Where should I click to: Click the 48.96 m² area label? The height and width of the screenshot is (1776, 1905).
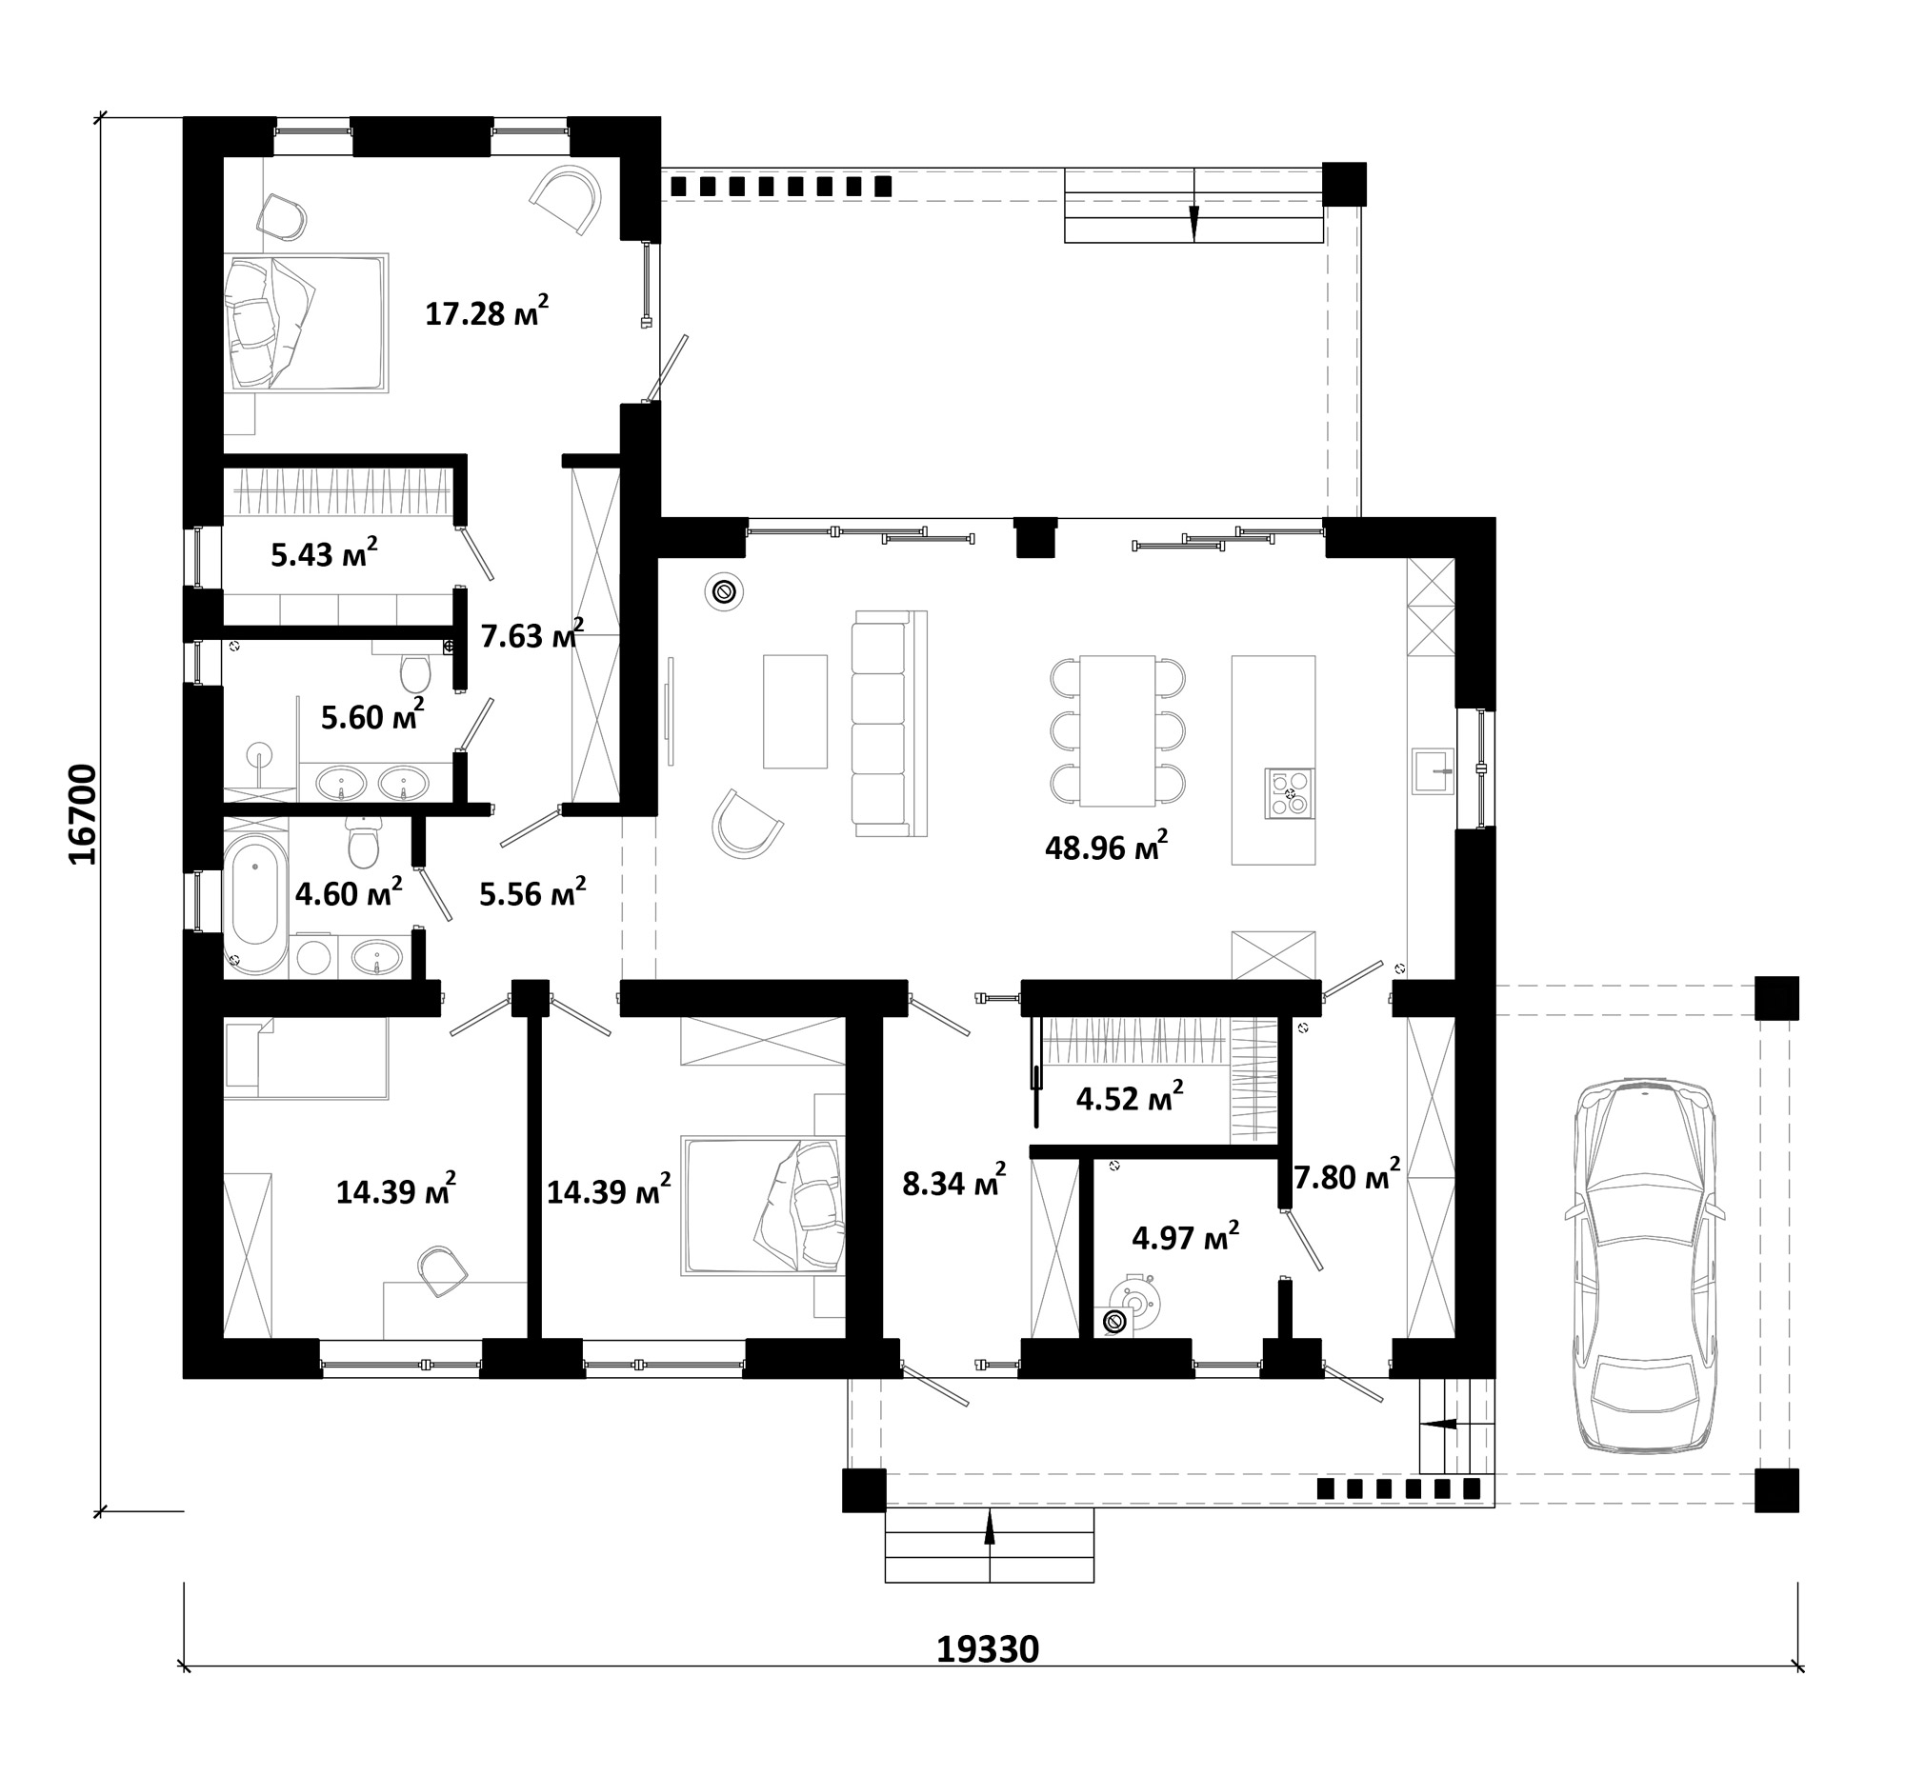[1106, 846]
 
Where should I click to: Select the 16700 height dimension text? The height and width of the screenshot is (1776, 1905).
[85, 814]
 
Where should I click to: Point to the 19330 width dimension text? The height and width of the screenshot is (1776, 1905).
[987, 1649]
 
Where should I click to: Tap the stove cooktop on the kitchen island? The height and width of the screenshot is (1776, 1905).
[1289, 793]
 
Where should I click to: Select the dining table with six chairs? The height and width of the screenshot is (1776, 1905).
[1117, 731]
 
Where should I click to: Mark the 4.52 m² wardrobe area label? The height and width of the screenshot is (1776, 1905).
[1130, 1098]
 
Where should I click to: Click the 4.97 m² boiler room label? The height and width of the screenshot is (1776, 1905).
[1185, 1238]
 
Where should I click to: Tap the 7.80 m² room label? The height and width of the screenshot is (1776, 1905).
[1347, 1175]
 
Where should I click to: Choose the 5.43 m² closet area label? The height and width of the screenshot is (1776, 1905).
[324, 553]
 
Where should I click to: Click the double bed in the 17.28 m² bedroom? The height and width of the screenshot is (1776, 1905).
[307, 323]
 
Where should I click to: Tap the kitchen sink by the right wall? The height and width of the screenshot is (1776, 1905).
[1433, 770]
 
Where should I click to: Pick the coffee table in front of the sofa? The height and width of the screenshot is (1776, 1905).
[795, 711]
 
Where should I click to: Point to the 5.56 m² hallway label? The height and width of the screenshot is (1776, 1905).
[532, 893]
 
